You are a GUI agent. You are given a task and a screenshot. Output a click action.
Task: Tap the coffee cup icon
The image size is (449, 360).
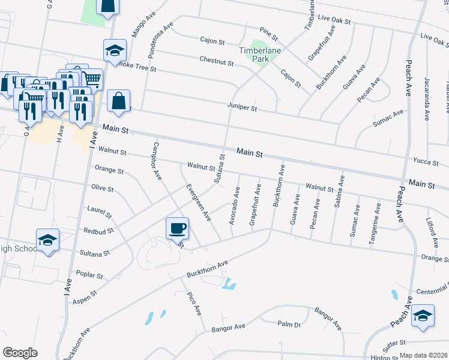click(177, 228)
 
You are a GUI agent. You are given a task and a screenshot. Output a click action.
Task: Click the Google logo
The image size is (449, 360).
click(20, 352)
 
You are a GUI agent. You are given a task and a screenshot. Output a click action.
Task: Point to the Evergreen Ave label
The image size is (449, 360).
click(198, 200)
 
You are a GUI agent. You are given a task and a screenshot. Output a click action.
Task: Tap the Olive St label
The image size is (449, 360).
click(102, 188)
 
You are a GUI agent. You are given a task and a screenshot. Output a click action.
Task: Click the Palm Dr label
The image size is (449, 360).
click(289, 324)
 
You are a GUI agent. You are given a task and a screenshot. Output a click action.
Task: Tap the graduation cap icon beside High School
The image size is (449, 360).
click(47, 241)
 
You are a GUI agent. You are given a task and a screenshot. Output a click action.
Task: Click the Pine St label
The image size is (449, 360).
click(265, 30)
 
